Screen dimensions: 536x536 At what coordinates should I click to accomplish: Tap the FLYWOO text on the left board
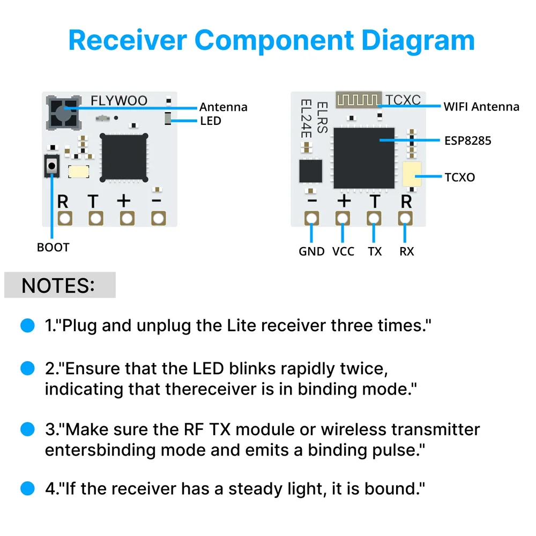click(118, 101)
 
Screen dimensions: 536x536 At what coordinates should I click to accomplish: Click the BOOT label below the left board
click(53, 248)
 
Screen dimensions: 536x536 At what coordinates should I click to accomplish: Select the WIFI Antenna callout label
click(481, 107)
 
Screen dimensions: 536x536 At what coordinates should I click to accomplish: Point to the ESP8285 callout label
click(467, 141)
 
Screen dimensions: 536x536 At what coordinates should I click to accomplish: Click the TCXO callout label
click(459, 177)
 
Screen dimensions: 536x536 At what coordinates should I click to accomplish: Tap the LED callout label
click(210, 121)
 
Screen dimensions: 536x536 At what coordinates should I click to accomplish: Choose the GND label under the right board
click(311, 251)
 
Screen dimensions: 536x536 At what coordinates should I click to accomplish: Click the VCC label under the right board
click(343, 251)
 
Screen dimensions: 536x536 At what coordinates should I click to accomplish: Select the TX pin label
click(375, 251)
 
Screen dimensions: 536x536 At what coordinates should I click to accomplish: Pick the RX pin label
click(406, 251)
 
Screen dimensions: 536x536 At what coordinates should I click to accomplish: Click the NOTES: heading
click(58, 285)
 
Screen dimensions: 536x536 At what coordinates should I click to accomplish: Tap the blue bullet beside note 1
click(27, 326)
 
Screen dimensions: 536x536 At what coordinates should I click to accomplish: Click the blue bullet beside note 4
click(27, 489)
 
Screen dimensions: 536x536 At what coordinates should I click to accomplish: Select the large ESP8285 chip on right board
click(364, 158)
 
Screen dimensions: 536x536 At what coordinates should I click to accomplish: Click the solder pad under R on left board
click(65, 218)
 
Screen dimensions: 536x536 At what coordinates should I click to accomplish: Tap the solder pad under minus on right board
click(311, 218)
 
